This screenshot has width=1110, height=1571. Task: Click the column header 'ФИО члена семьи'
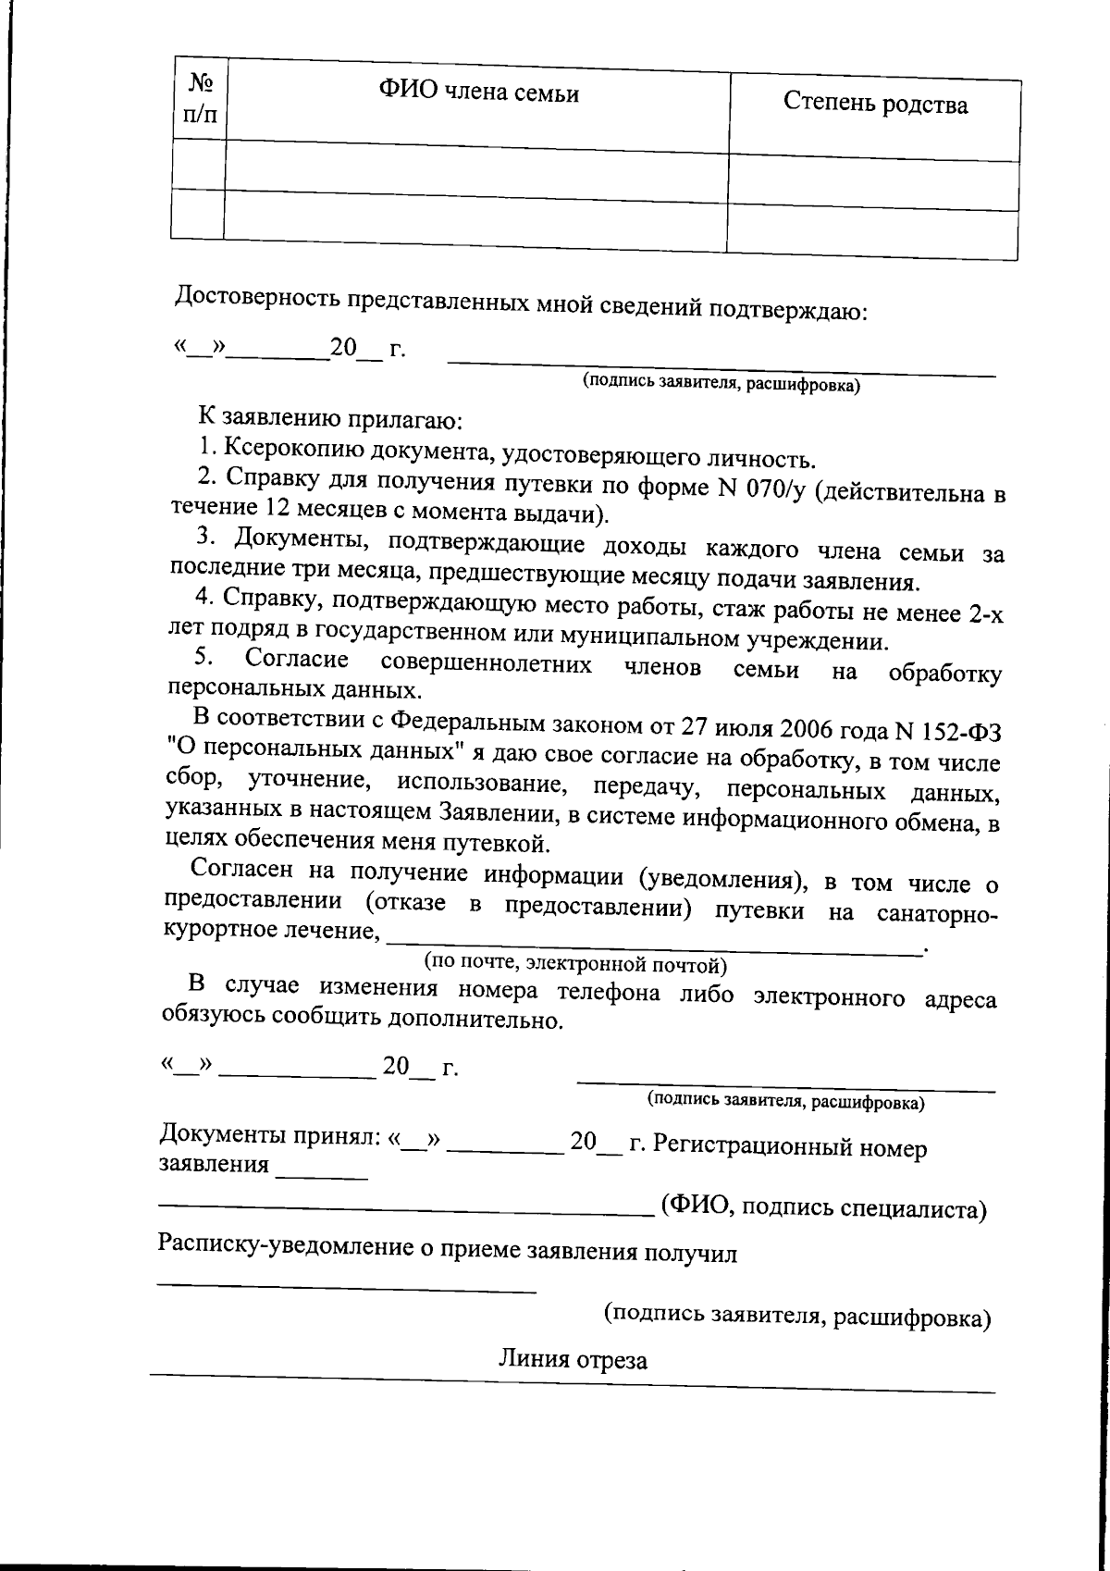click(478, 93)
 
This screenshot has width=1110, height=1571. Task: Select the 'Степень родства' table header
click(875, 104)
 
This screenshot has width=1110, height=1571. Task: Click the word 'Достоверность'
click(256, 297)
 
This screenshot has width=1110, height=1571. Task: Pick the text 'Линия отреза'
click(573, 1359)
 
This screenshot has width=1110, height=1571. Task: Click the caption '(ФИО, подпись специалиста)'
click(823, 1208)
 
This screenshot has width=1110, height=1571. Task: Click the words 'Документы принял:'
click(270, 1136)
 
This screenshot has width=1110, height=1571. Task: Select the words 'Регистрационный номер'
click(789, 1146)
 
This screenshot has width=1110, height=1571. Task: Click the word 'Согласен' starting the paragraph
click(240, 870)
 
